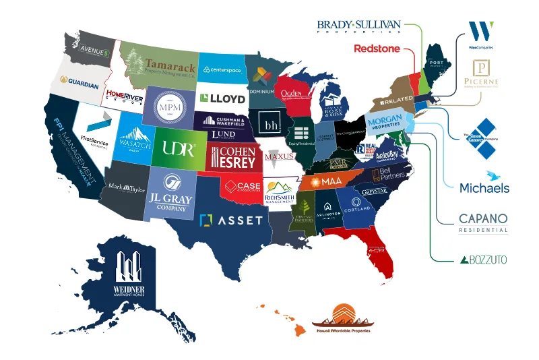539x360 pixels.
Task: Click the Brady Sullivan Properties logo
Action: pyautogui.click(x=358, y=26)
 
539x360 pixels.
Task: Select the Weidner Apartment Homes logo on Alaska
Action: pyautogui.click(x=129, y=276)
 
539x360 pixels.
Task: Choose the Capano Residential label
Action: pyautogui.click(x=482, y=222)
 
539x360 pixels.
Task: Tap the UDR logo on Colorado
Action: pyautogui.click(x=178, y=148)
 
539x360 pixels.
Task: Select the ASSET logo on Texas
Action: pyautogui.click(x=231, y=220)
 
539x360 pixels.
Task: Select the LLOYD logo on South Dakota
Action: pyautogui.click(x=222, y=98)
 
